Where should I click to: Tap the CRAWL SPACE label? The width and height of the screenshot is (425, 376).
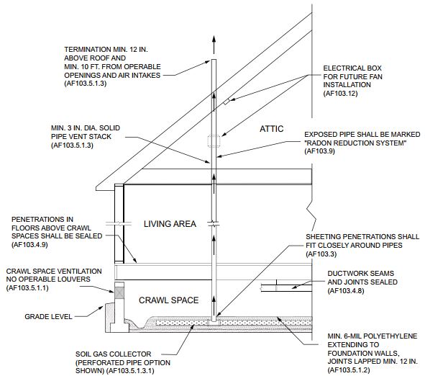pyautogui.click(x=168, y=300)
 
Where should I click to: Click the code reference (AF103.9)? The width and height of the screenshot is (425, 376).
pyautogui.click(x=324, y=152)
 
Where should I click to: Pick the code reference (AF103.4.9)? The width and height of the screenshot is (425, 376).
pyautogui.click(x=29, y=246)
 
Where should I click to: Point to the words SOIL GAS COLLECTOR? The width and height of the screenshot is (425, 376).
pyautogui.click(x=112, y=354)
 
